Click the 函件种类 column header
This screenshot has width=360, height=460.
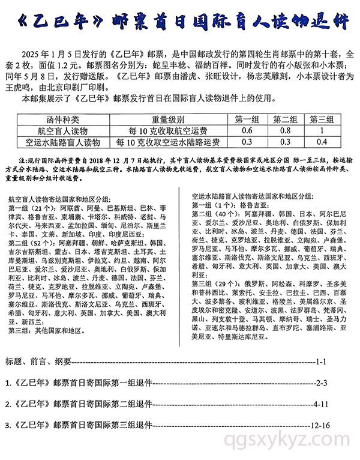[62, 119]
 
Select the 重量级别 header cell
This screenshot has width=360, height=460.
[163, 119]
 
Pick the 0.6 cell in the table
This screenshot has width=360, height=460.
[247, 130]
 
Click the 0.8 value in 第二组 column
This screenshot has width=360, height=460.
[286, 130]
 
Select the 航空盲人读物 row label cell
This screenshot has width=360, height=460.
[62, 130]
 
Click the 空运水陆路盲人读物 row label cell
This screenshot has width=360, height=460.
[62, 142]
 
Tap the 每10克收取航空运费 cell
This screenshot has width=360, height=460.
[163, 130]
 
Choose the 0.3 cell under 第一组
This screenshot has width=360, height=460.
[247, 142]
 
